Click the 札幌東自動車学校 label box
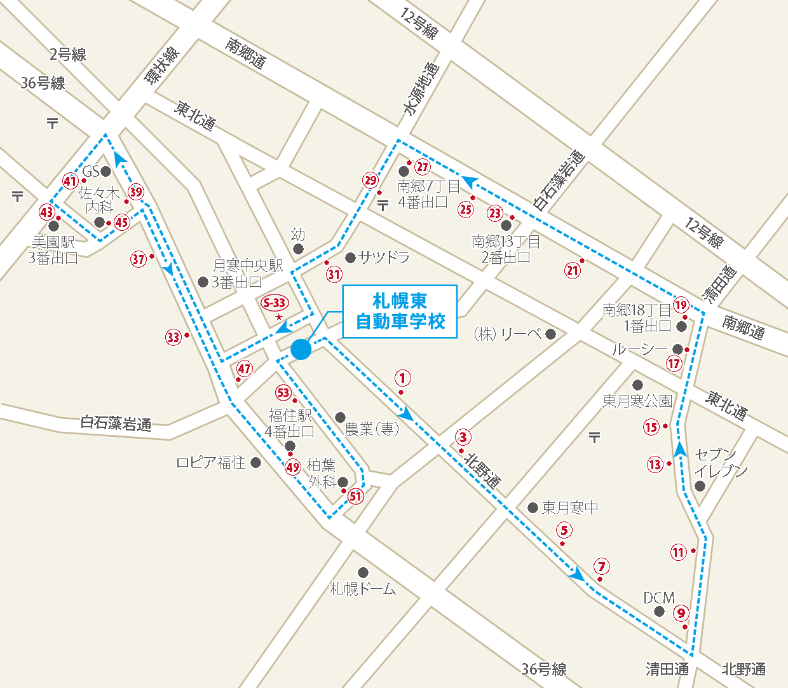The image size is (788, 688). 400,312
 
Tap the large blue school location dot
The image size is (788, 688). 301,349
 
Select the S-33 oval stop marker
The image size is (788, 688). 275,303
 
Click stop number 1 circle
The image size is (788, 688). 402,378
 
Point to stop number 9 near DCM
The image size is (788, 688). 681,613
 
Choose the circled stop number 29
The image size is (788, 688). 370,181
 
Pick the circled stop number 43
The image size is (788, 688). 47,212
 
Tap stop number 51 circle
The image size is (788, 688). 356,497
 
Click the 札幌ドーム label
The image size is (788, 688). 363,589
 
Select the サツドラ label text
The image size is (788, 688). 384,258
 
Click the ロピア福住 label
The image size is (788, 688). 211,463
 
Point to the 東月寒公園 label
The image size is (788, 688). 637,401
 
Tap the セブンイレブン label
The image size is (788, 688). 720,463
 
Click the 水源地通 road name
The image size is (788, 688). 421,89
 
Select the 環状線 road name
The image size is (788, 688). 162,65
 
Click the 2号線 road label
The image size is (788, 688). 68,55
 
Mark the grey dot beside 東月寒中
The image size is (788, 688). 533,507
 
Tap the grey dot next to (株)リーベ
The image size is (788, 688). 550,334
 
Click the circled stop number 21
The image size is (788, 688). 573,270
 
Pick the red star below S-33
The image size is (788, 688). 278,317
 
